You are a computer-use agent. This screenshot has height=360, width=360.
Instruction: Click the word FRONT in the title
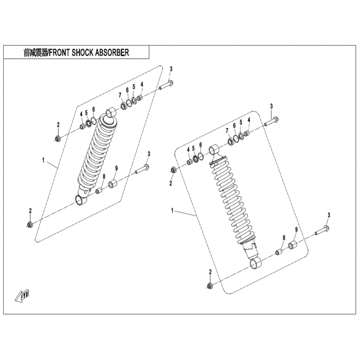click(x=58, y=53)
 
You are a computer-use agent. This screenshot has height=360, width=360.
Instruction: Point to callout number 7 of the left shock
click(x=120, y=95)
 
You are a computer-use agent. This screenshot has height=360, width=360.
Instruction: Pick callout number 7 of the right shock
click(x=227, y=130)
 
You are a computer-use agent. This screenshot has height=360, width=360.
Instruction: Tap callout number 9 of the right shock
click(x=296, y=229)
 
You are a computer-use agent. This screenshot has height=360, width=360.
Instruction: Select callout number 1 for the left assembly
click(x=43, y=160)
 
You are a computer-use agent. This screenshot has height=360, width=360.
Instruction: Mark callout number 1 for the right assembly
click(x=172, y=210)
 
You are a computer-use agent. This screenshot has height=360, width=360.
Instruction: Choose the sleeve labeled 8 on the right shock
click(x=279, y=252)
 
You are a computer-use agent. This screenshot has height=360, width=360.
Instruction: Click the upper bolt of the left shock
click(x=166, y=85)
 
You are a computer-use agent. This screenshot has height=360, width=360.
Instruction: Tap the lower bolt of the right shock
click(x=322, y=231)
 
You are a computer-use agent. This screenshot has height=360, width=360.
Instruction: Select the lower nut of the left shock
click(x=30, y=224)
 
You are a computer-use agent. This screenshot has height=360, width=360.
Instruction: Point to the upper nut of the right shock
click(x=174, y=170)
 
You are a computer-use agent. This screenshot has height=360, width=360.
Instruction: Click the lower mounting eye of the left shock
click(x=81, y=199)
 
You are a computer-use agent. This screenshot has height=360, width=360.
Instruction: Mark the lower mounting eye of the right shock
click(x=255, y=263)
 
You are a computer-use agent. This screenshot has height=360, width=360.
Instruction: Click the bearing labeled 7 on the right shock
click(x=231, y=141)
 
